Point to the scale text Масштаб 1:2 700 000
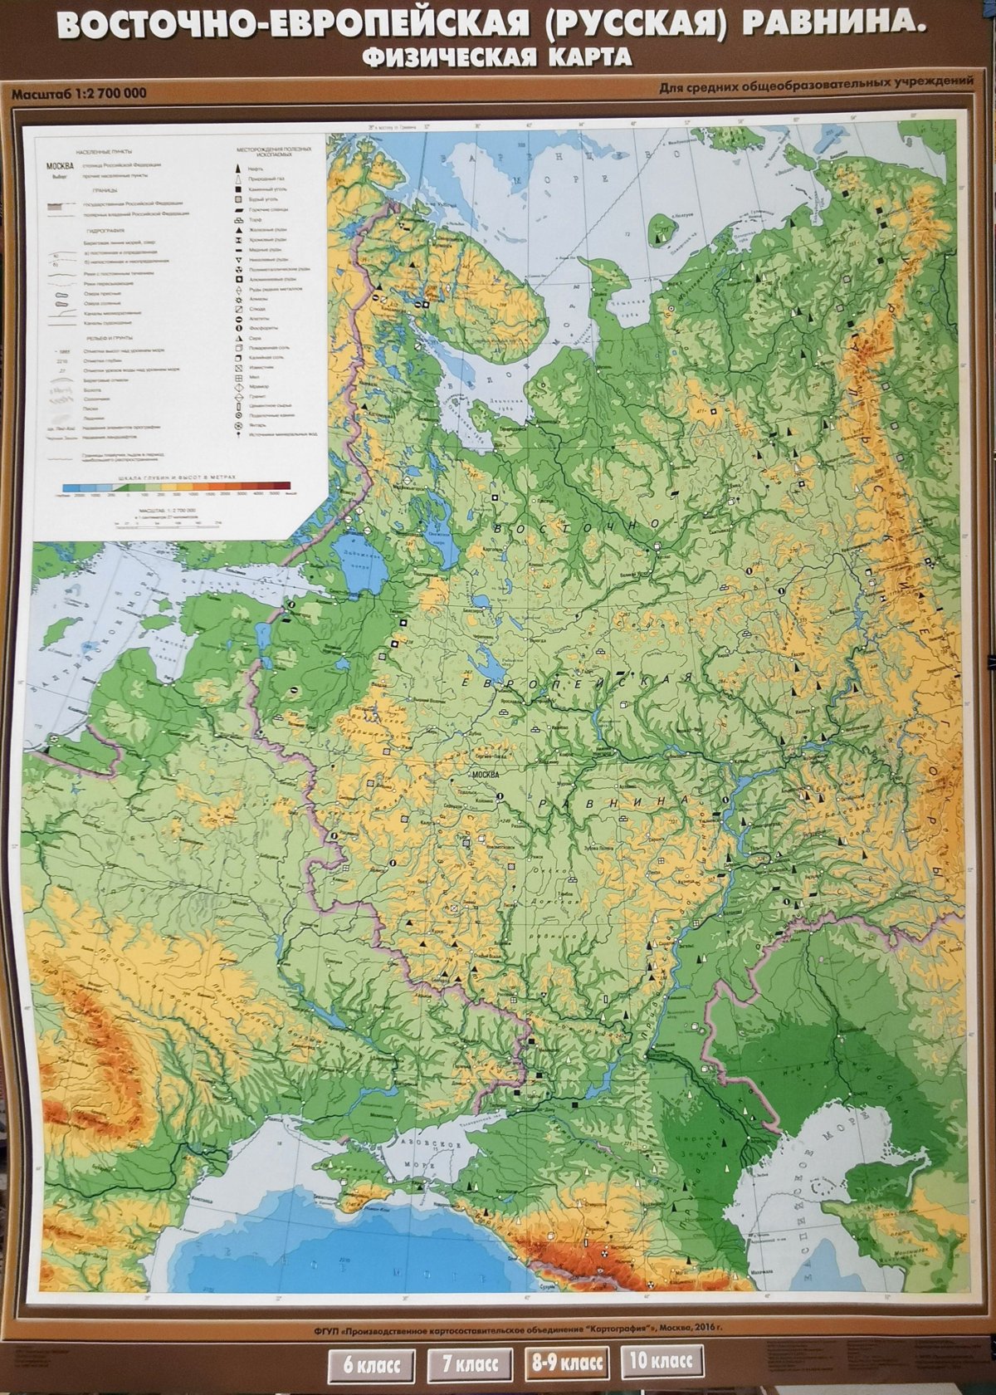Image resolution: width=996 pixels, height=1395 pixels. (79, 93)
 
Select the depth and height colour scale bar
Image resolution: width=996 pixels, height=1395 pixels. (177, 487)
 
